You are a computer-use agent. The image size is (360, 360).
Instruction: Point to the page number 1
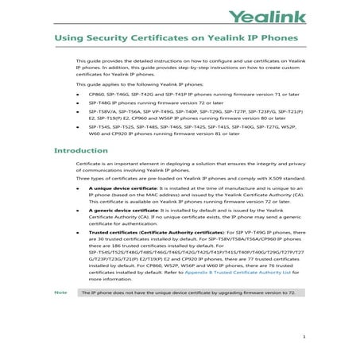pos(304,337)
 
